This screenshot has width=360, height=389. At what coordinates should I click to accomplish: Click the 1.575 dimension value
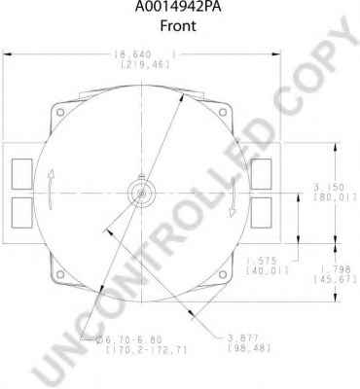tap(260, 262)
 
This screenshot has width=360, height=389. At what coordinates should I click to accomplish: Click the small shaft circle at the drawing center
tap(142, 192)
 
